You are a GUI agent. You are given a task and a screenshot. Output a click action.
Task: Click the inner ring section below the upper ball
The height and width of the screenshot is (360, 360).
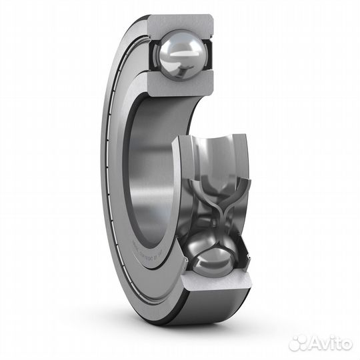pos(179,87)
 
